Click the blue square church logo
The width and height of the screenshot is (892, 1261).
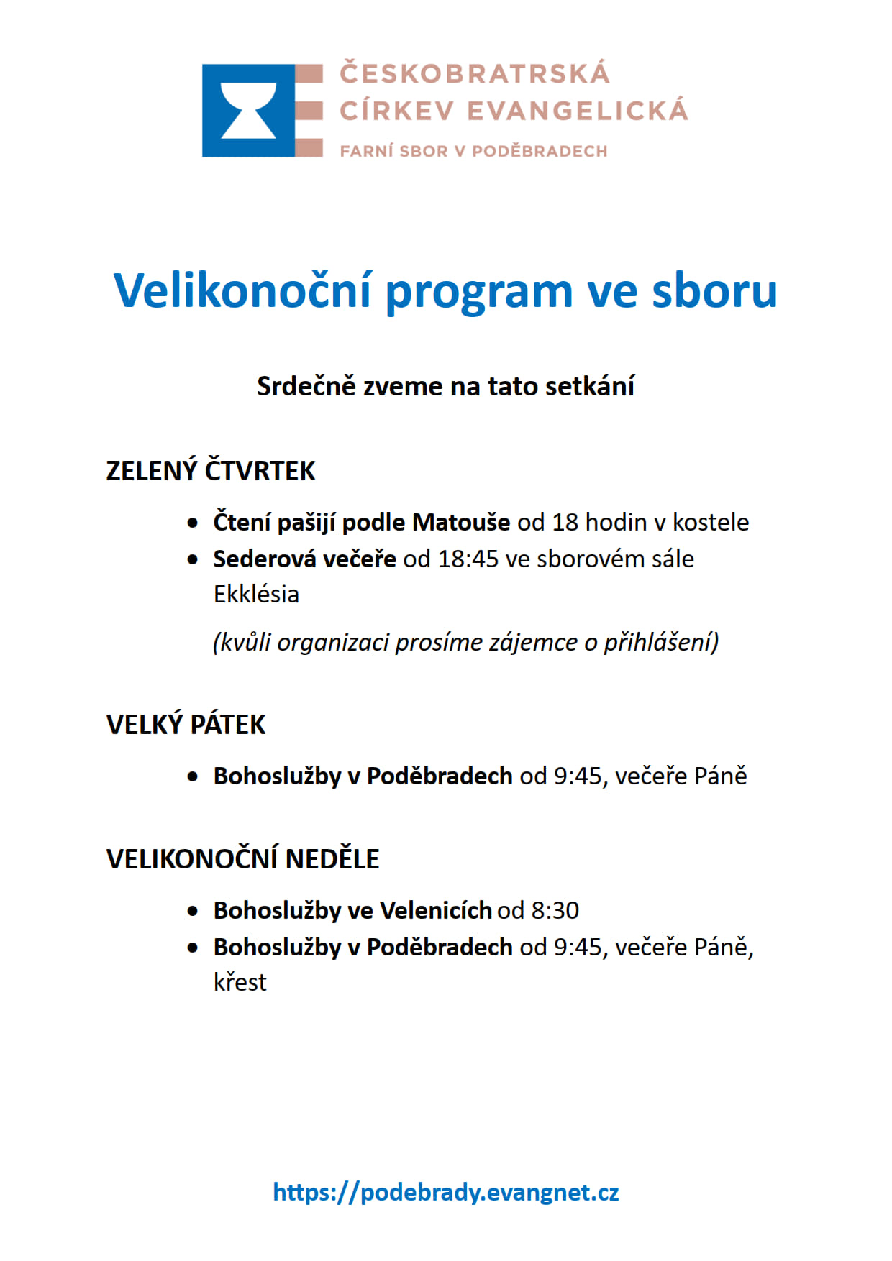tap(248, 111)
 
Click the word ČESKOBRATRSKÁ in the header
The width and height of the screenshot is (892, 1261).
tap(475, 73)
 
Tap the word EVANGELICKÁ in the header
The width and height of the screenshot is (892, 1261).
tap(578, 111)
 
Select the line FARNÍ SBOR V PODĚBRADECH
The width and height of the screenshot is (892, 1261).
tap(473, 151)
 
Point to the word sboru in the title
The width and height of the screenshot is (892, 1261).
tap(714, 291)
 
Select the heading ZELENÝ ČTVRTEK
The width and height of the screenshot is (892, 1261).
tap(210, 471)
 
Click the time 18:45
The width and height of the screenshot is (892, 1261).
tap(468, 559)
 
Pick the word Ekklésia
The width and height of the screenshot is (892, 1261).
tap(256, 595)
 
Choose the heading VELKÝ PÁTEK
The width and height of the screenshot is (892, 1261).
tap(186, 725)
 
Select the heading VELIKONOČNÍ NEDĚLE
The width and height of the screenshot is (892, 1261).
tap(242, 859)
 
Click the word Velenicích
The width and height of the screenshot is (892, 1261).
tap(435, 911)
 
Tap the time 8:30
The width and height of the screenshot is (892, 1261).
tap(555, 911)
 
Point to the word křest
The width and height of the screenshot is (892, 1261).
tap(240, 983)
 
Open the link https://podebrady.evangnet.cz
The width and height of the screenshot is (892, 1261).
tap(445, 1193)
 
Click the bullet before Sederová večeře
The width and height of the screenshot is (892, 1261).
tap(192, 559)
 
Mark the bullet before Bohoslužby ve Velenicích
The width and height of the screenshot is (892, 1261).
tap(192, 912)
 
